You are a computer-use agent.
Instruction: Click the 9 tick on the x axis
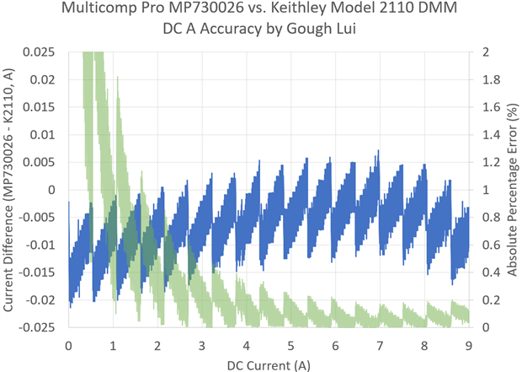[x=468, y=345]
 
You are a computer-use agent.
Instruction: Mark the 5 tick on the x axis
[x=290, y=345]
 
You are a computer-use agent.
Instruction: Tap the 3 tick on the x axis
[x=201, y=345]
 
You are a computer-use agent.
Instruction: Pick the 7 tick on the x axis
[x=380, y=345]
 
